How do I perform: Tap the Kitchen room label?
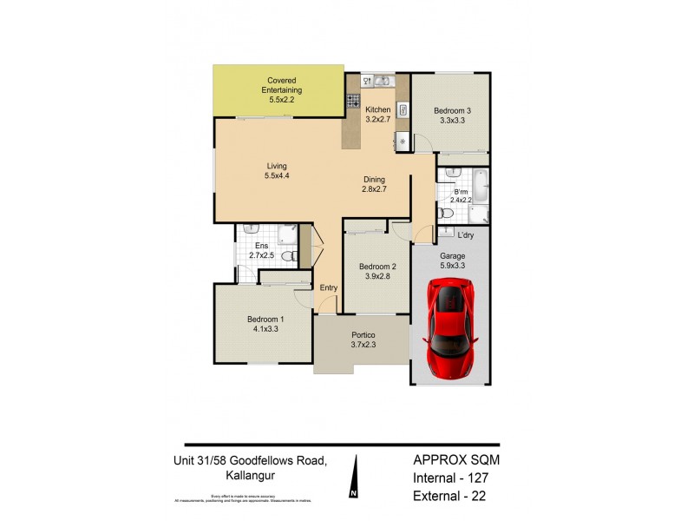pos(377,109)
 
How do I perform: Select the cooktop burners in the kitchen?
pos(353,101)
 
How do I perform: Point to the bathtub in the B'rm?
pos(481,186)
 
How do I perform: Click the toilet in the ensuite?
pos(294,257)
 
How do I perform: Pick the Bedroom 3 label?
pos(451,110)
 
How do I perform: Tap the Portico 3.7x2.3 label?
pos(363,340)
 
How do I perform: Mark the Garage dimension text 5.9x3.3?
pos(450,266)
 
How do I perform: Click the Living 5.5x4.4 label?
pos(277,171)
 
